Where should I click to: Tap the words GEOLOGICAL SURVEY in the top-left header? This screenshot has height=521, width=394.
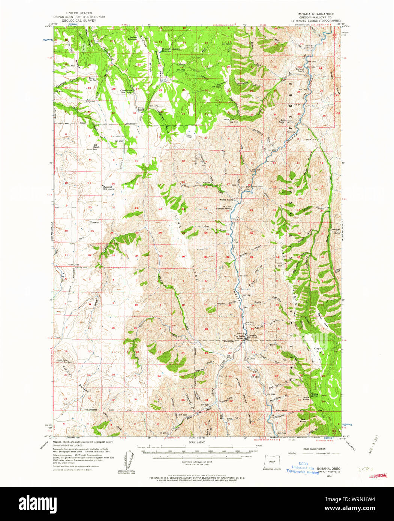pos(79,21)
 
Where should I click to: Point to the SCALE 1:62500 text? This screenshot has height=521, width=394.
pos(197,443)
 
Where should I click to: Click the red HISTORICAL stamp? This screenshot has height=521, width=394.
pos(378,476)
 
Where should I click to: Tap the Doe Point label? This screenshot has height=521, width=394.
pos(303,420)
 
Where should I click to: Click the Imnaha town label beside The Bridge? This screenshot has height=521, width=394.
pos(252,335)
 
